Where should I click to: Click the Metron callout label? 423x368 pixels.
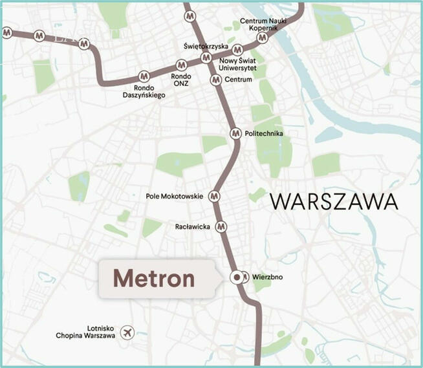point(154,279)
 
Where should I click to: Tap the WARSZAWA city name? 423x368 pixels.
point(334,201)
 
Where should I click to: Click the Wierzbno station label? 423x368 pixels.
point(268,279)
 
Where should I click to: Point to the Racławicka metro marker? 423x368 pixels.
point(221,226)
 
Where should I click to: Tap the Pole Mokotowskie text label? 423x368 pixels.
point(175,196)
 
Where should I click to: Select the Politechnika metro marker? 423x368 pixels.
point(235,133)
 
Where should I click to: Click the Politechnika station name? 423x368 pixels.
point(265,134)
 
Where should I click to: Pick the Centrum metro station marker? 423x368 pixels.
point(216,80)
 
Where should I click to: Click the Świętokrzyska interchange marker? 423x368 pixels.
point(206,58)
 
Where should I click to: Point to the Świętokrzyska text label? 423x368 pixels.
point(205,47)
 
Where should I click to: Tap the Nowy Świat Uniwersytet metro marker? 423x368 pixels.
point(238,50)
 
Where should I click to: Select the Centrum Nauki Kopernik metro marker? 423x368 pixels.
point(262,38)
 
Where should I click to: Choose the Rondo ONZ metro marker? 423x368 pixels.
point(182,65)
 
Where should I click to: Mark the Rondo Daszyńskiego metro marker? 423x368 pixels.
point(144,76)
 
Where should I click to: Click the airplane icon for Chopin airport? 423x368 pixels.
point(129,332)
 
